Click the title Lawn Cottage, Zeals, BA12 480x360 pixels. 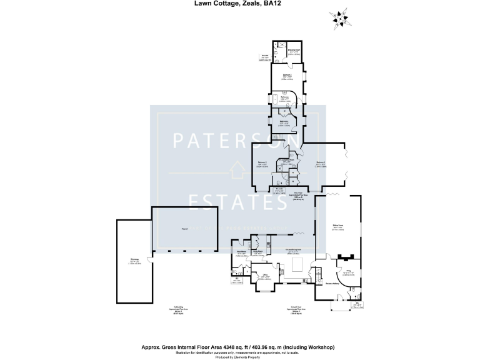(x=240, y=3)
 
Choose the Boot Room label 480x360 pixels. (x=241, y=253)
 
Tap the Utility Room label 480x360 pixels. (x=257, y=252)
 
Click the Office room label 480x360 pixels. (x=265, y=276)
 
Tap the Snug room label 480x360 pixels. (x=347, y=272)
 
